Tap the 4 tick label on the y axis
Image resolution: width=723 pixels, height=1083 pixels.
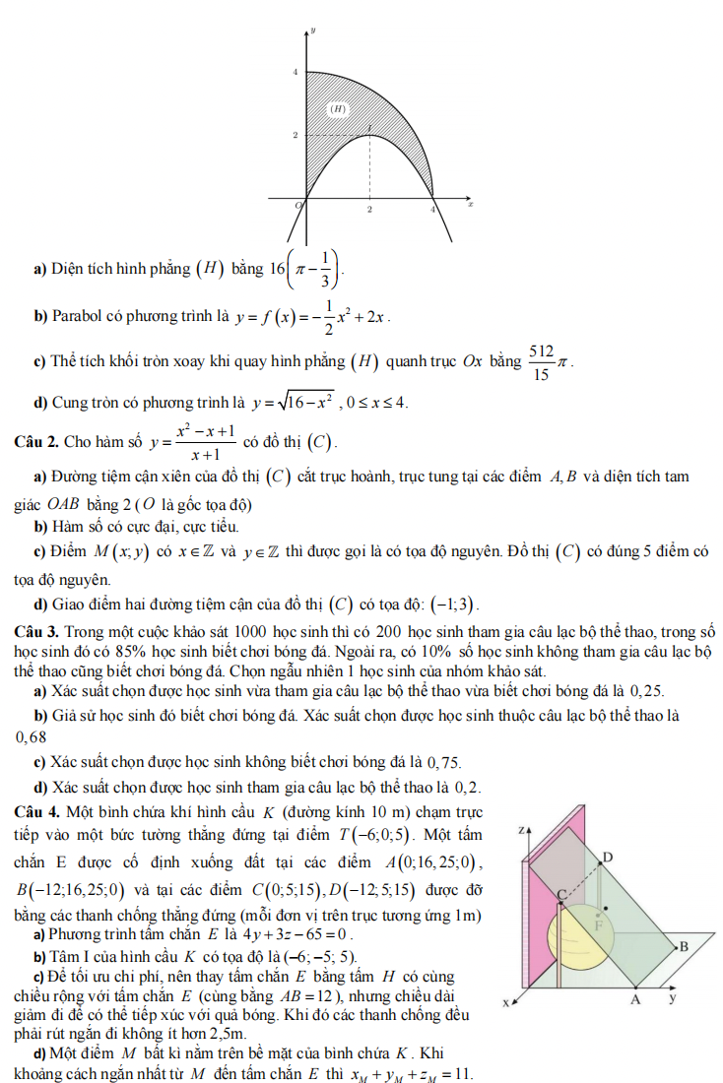(x=295, y=73)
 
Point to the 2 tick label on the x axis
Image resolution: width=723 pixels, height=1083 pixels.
(x=369, y=211)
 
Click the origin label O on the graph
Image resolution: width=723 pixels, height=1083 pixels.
(x=301, y=204)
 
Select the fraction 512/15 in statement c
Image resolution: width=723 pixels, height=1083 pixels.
(x=541, y=361)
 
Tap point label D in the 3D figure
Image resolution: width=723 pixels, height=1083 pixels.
(x=608, y=859)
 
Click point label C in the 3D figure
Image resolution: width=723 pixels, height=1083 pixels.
(x=563, y=893)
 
